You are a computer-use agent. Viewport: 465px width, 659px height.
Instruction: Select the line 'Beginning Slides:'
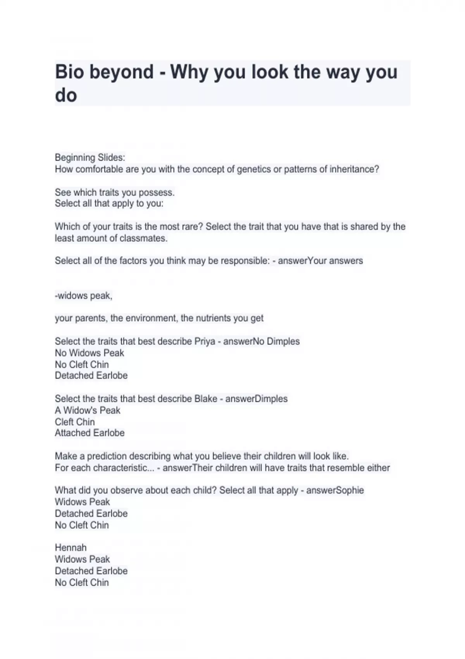[x=90, y=157]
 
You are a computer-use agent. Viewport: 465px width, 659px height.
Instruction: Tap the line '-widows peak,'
[x=84, y=296]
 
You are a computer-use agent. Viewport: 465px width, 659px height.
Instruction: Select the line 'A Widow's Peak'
[x=88, y=411]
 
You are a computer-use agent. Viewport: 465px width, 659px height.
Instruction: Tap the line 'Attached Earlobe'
[x=90, y=433]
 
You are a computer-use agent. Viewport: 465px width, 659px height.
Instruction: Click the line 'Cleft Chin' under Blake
[x=75, y=422]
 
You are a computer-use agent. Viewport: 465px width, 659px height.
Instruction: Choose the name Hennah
[x=71, y=548]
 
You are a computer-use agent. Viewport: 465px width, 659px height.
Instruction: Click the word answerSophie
[x=335, y=490]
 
